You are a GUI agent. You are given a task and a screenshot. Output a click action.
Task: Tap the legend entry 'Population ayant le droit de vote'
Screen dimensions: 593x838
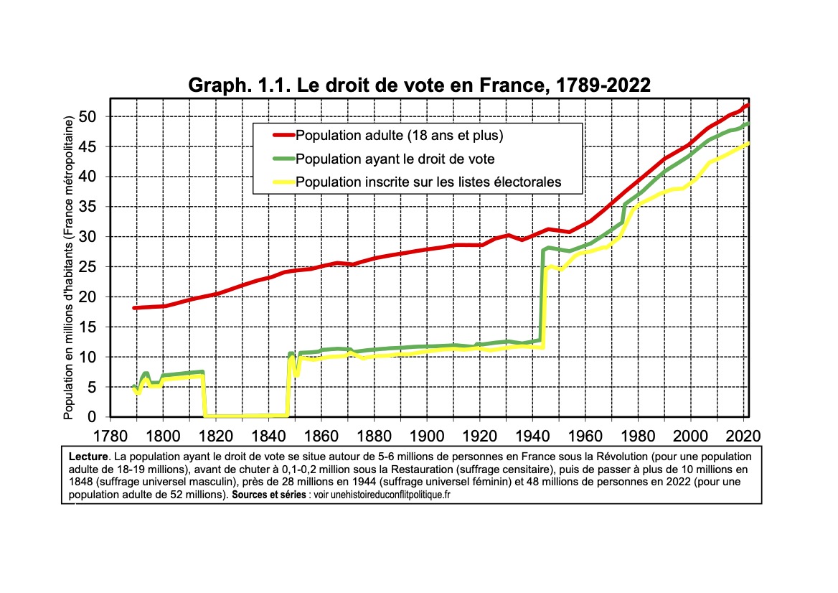395,159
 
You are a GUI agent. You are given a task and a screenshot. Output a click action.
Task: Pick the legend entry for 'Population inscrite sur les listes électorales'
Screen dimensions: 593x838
428,182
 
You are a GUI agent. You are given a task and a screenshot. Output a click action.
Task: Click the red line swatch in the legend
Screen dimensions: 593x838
283,135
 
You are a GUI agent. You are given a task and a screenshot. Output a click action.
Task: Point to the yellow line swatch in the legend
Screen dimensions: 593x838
283,182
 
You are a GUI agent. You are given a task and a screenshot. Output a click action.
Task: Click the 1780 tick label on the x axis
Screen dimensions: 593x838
110,435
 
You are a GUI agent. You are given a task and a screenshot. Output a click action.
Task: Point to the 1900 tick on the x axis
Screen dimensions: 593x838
427,435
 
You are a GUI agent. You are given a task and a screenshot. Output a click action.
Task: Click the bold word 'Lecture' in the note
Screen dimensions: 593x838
88,457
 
